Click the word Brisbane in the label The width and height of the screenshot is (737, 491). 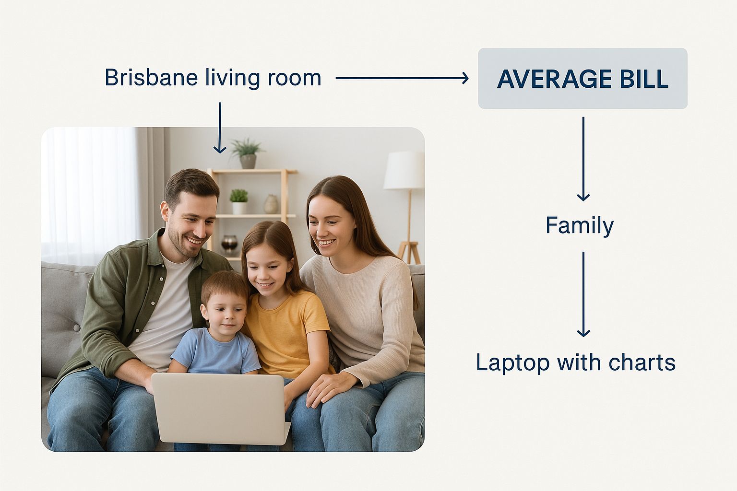click(x=151, y=78)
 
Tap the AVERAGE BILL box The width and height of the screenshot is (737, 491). click(x=582, y=78)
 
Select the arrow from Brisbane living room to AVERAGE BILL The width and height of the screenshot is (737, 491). click(x=402, y=78)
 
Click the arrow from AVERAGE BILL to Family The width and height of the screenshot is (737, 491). click(x=583, y=159)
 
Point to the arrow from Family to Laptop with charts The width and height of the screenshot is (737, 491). click(x=583, y=294)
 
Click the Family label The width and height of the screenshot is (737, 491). click(x=580, y=226)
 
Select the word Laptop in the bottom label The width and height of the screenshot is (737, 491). click(x=512, y=363)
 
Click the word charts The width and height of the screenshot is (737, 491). click(x=642, y=362)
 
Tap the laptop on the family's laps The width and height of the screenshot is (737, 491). click(x=220, y=409)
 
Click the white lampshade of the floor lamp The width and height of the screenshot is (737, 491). click(x=404, y=170)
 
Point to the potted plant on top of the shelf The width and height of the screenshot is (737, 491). click(x=247, y=153)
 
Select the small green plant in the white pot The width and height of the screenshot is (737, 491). click(x=239, y=201)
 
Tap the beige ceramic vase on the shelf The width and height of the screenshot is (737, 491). click(x=271, y=204)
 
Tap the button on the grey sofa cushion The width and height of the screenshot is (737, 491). click(x=76, y=327)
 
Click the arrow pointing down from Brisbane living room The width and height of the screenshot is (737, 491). click(x=220, y=128)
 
